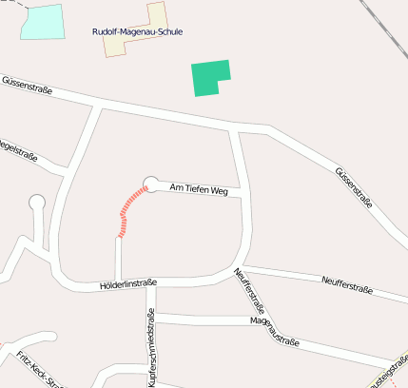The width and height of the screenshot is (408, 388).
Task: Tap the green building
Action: click(209, 77)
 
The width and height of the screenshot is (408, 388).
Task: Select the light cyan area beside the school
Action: click(43, 22)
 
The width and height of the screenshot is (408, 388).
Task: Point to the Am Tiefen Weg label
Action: click(199, 191)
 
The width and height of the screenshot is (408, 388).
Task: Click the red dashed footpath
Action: click(128, 210)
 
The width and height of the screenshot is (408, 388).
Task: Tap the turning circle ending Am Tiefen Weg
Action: click(150, 184)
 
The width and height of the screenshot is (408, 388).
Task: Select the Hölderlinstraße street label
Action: click(127, 283)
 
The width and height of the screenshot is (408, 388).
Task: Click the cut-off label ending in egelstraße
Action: click(17, 149)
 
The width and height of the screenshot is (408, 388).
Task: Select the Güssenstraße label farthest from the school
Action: click(353, 184)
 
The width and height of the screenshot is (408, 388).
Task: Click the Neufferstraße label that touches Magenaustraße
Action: click(248, 291)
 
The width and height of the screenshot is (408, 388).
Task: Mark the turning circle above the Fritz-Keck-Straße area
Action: click(37, 202)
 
